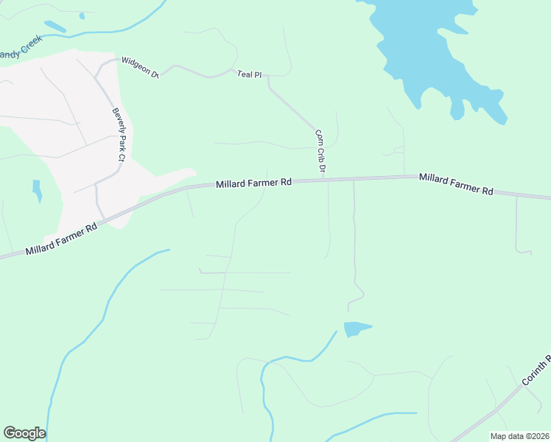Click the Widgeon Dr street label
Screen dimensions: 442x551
140,67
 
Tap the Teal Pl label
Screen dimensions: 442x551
249,74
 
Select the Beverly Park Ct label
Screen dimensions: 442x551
116,133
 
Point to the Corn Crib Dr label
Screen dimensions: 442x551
320,151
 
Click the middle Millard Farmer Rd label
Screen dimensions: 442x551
254,183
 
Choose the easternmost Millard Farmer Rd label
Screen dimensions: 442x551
456,184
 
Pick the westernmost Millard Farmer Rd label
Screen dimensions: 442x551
61,240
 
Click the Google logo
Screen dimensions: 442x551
24,433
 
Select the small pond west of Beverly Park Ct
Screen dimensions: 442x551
37,190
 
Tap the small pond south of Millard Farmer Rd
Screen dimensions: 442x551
356,329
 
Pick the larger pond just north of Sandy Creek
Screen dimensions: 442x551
55,27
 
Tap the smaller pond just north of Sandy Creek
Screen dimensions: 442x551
82,15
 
